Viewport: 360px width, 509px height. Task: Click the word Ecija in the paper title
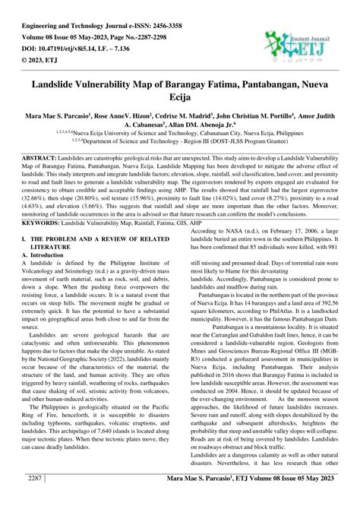coord(179,97)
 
